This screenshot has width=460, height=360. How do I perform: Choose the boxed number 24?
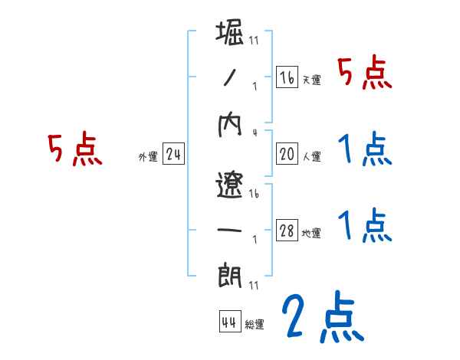point(173,155)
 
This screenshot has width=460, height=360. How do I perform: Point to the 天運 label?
point(311,80)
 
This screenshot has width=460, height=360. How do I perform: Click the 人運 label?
point(311,156)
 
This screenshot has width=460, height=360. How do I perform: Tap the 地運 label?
point(311,233)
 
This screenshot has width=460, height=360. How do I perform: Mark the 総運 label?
point(255,324)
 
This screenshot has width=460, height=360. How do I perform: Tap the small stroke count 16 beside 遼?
point(255,195)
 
